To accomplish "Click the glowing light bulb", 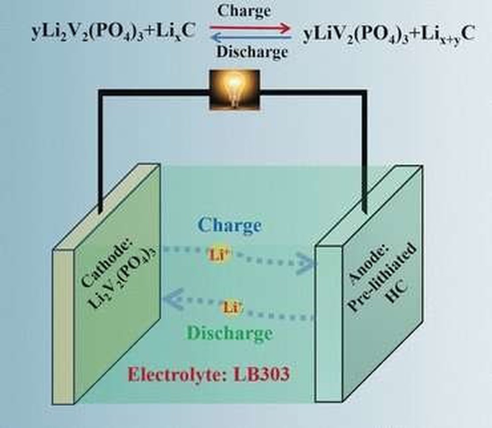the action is coord(235,90).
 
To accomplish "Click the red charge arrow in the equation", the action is coord(251,28).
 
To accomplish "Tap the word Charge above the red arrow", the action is coord(244,11).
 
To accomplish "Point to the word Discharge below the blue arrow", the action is coord(252,52).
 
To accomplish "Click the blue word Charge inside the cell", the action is coord(229,226).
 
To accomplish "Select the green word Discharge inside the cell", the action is coord(229,333).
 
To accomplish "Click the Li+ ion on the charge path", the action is coord(219,255).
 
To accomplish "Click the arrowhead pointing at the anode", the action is coord(307,261).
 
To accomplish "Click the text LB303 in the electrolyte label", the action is coord(261,374).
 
